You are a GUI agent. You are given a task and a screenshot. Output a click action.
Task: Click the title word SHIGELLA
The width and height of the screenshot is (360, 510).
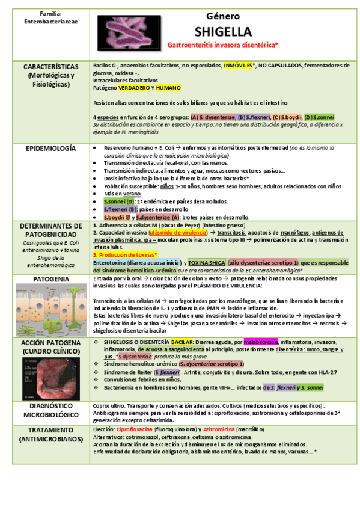point(223,31)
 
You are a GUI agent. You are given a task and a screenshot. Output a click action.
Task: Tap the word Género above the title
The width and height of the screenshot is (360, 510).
point(223,16)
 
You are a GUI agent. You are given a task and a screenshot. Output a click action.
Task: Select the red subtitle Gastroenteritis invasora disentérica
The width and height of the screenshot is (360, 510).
point(222,45)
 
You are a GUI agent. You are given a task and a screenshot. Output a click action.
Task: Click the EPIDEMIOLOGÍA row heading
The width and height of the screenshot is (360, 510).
point(50,148)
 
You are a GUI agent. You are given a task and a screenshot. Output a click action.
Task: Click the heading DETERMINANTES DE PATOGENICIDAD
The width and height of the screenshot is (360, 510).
point(50,230)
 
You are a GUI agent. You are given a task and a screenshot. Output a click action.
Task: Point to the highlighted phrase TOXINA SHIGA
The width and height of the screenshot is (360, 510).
point(206,262)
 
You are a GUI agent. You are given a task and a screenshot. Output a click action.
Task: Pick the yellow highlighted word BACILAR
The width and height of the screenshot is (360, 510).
point(188,341)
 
